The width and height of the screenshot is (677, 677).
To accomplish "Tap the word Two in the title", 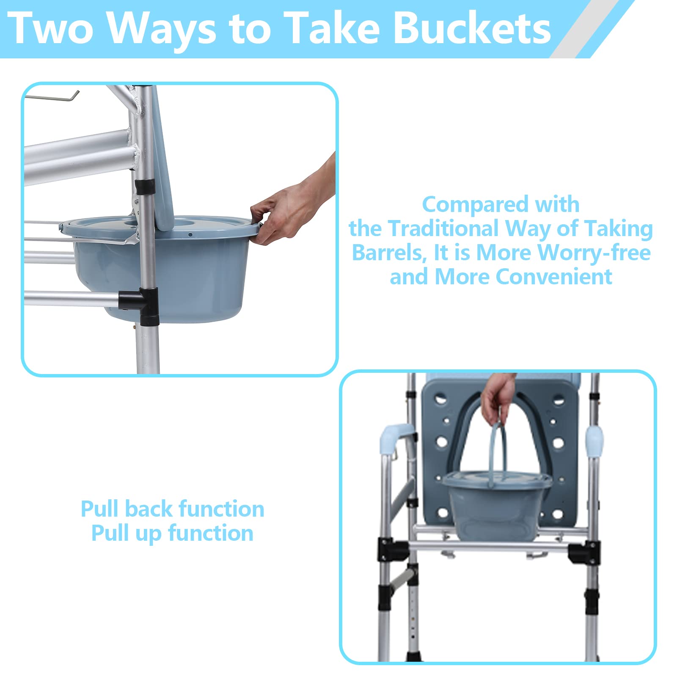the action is (x=50, y=29).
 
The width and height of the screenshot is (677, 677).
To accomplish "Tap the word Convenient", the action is (x=554, y=277).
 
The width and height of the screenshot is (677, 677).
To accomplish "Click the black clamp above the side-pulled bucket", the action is (x=144, y=187).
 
